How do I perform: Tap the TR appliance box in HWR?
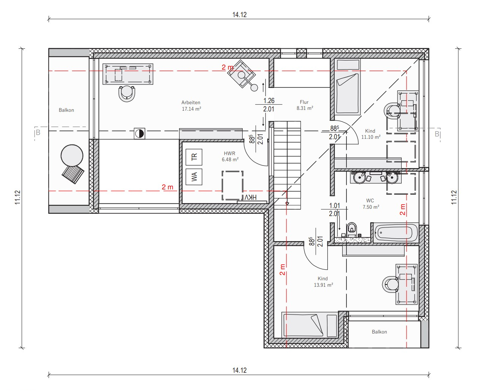tap(194, 157)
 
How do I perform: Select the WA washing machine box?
tap(194, 177)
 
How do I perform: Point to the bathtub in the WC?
tap(396, 233)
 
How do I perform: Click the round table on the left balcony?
tap(72, 156)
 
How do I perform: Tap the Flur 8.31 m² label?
tap(305, 105)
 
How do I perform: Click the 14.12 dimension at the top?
tap(240, 15)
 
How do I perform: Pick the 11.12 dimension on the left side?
tap(18, 197)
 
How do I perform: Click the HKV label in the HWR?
tap(250, 197)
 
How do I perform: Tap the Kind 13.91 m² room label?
tap(323, 282)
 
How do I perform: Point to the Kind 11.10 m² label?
tap(371, 134)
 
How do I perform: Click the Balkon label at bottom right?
tap(380, 332)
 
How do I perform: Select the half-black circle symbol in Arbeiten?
tap(140, 134)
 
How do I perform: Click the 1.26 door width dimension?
tap(269, 100)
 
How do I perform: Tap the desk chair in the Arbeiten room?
tap(127, 94)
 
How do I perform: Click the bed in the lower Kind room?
tap(309, 325)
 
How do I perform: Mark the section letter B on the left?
tap(38, 132)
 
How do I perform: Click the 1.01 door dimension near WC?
tap(334, 206)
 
